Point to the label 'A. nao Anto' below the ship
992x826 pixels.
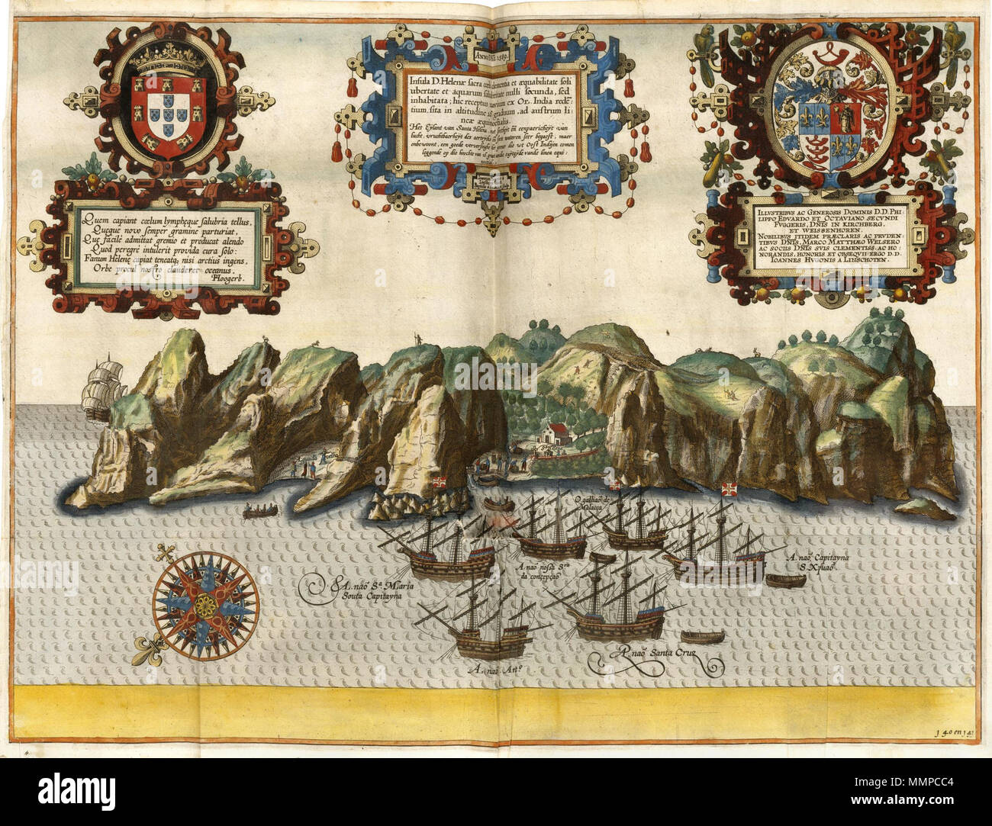501,669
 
